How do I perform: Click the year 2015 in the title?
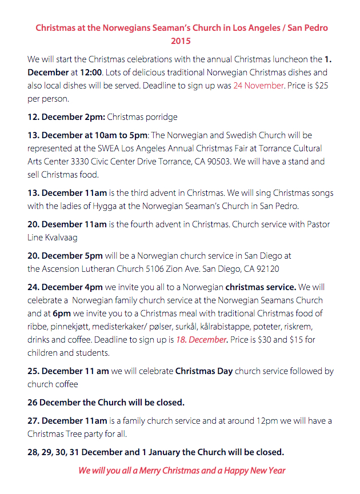(181, 41)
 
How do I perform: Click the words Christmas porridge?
(142, 117)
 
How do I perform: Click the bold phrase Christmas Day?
(204, 371)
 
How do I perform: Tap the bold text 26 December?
(55, 402)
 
